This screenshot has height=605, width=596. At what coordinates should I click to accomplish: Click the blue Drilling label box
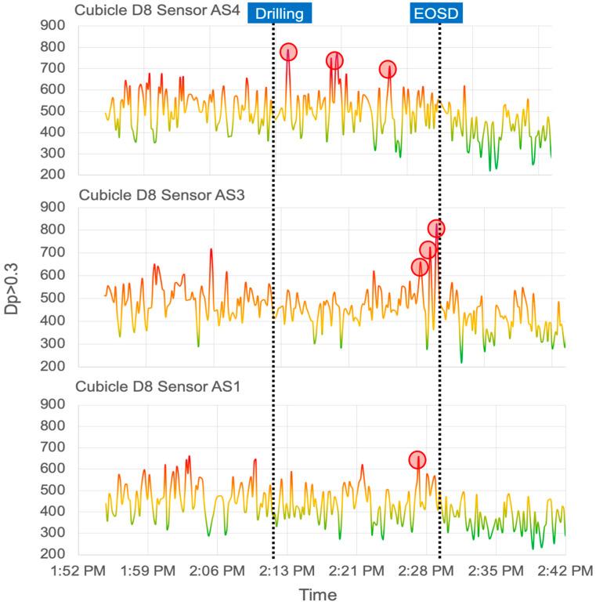[280, 13]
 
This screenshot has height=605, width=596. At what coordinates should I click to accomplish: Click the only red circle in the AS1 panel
[417, 459]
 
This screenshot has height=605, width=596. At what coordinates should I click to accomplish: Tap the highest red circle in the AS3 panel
[436, 229]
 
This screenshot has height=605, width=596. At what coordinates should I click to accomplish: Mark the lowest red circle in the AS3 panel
[420, 267]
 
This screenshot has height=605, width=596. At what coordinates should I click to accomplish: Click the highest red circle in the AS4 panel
[288, 53]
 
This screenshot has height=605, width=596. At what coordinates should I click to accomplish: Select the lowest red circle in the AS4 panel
[388, 69]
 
